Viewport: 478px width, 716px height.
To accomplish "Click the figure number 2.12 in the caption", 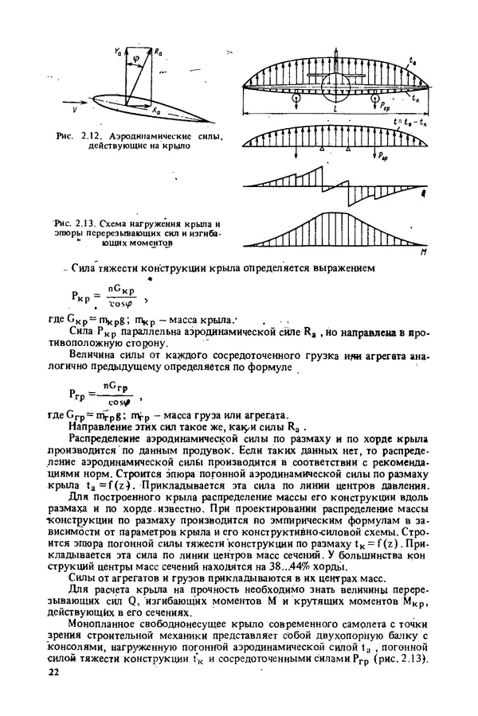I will click(x=88, y=137).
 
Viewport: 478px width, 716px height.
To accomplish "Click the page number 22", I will click(x=54, y=673).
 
